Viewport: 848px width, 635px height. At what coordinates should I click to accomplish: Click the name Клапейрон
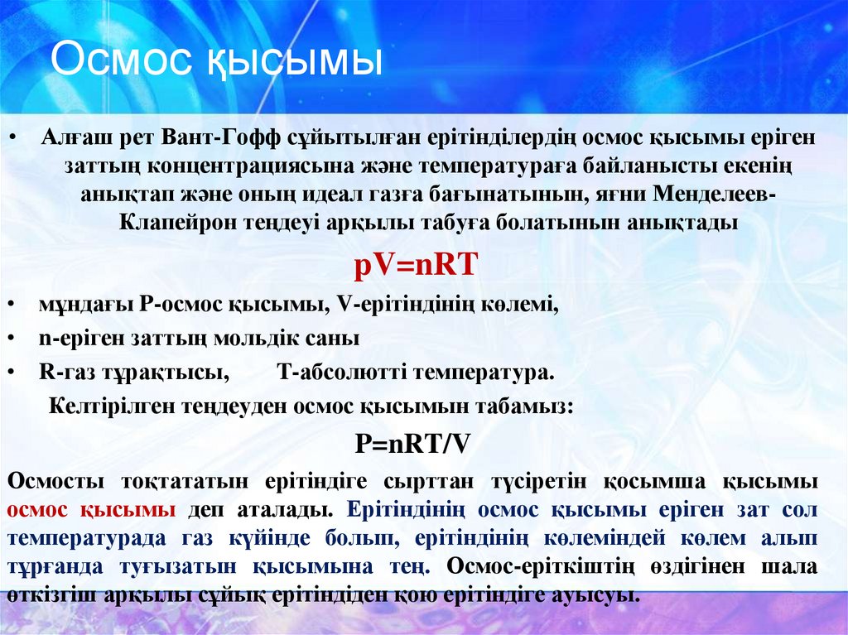pos(177,222)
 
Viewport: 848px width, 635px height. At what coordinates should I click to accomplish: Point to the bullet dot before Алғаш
pos(12,137)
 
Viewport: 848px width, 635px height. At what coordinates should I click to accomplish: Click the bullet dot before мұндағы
pos(12,305)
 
